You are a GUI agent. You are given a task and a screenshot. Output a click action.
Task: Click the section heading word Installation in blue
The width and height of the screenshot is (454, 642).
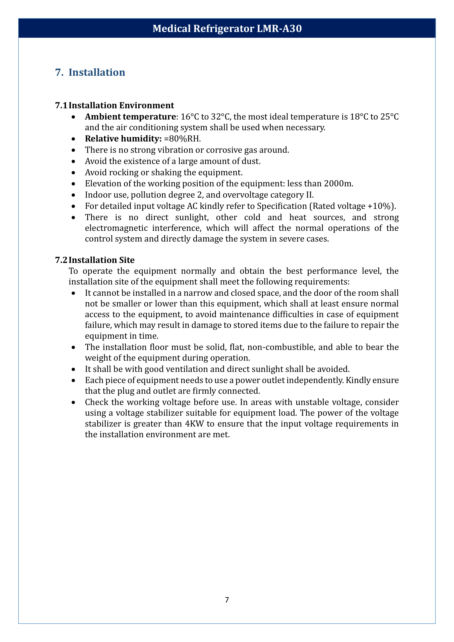pos(97,72)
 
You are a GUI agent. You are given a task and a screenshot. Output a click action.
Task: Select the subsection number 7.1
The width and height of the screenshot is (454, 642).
pos(61,105)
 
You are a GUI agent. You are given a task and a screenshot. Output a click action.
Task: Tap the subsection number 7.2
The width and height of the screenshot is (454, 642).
pos(61,260)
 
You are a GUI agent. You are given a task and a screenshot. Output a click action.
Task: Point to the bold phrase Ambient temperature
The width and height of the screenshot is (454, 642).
pos(130,117)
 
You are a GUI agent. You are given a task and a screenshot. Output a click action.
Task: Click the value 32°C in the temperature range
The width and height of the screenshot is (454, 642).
pos(222,117)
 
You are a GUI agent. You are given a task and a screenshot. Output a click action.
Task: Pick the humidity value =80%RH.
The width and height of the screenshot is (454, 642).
pos(182,139)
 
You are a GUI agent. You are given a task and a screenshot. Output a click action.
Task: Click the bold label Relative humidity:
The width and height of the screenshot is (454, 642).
pos(123,139)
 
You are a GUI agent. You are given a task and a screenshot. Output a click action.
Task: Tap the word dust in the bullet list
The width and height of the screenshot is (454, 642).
pos(252,161)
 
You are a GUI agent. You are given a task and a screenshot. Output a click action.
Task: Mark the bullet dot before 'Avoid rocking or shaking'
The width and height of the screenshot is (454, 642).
pos(73,173)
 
